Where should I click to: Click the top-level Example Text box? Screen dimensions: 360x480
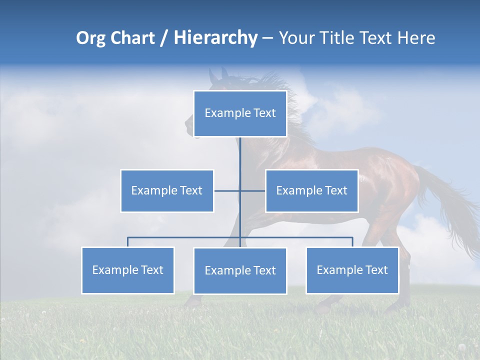pos(240,113)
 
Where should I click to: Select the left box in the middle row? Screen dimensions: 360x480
pos(167,190)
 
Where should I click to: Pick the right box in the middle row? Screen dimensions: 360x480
pos(311,190)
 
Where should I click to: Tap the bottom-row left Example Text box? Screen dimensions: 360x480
pos(128,270)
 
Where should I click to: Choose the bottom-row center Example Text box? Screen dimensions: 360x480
pos(240,270)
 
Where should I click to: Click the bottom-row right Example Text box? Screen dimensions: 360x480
pos(352,270)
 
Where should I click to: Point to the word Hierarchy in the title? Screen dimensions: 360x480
pos(215,38)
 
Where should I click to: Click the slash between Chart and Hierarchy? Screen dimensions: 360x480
pos(164,38)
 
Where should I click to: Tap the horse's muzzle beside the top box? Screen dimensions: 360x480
pos(189,125)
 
